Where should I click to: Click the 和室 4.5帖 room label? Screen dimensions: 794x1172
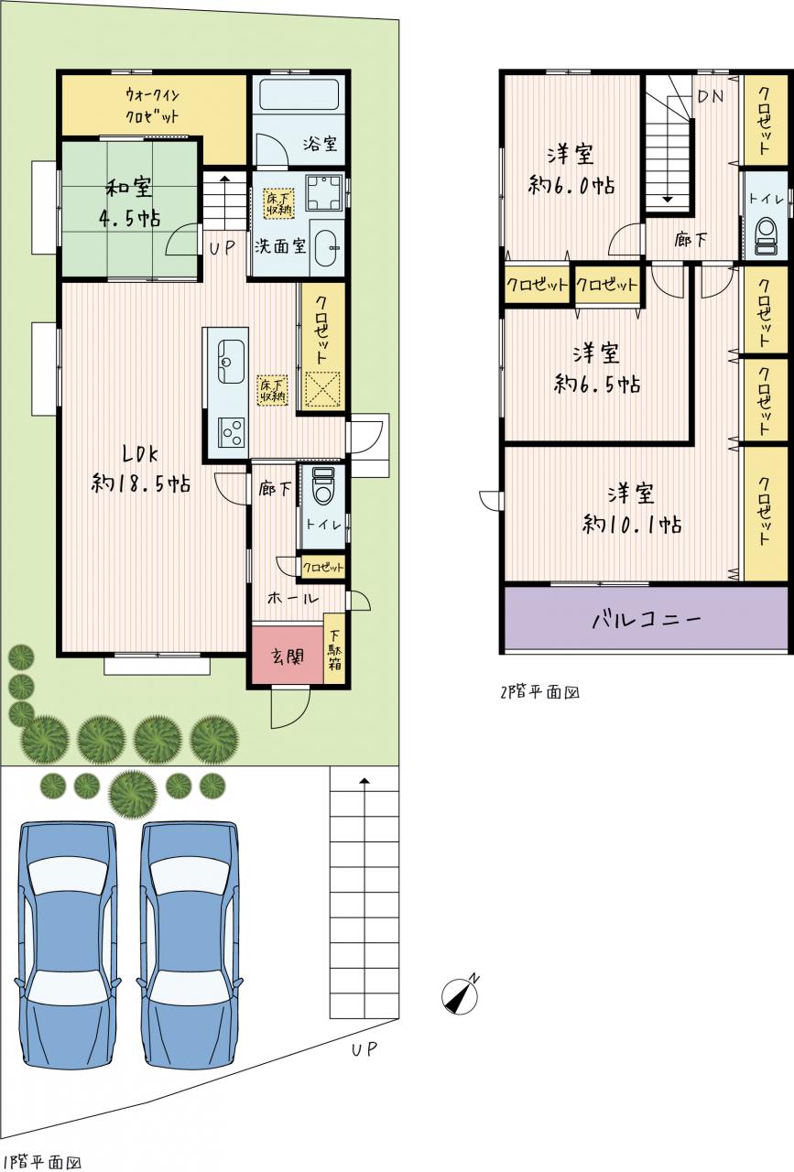130,202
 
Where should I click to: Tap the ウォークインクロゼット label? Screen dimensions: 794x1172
152,105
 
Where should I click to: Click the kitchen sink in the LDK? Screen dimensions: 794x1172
230,361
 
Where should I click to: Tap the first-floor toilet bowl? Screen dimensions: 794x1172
322,484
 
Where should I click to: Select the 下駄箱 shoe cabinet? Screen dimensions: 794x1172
334,648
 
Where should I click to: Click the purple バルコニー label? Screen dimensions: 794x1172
647,621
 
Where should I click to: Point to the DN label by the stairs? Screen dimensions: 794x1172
711,96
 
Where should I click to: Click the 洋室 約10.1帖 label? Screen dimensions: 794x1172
632,509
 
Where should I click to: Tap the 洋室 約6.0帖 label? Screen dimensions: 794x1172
571,170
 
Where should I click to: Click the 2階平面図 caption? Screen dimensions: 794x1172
540,692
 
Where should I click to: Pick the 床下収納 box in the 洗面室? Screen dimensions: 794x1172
278,203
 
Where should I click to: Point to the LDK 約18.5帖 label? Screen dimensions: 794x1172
141,468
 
